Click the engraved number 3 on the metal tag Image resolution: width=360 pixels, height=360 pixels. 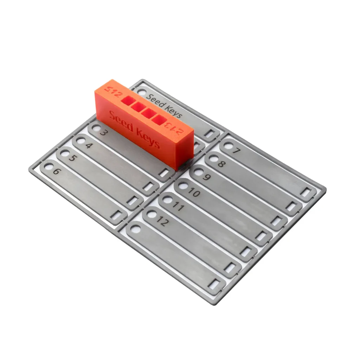click(103, 133)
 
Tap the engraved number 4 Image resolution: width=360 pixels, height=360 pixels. click(88, 146)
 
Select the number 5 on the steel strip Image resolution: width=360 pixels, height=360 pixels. click(72, 158)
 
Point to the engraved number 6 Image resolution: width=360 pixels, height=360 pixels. click(56, 172)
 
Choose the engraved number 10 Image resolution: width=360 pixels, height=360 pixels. click(194, 192)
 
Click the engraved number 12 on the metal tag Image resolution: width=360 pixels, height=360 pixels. click(162, 221)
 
